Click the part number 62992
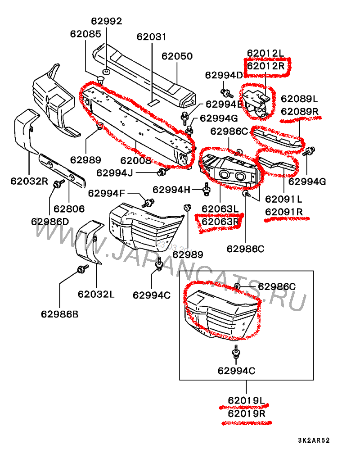click(107, 21)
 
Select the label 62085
click(85, 33)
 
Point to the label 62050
click(177, 56)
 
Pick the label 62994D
click(224, 75)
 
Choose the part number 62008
click(135, 160)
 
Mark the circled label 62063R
click(220, 222)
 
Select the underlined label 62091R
click(284, 212)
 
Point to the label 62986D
click(49, 221)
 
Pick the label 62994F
click(106, 193)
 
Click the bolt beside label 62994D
click(226, 93)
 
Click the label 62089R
click(299, 111)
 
